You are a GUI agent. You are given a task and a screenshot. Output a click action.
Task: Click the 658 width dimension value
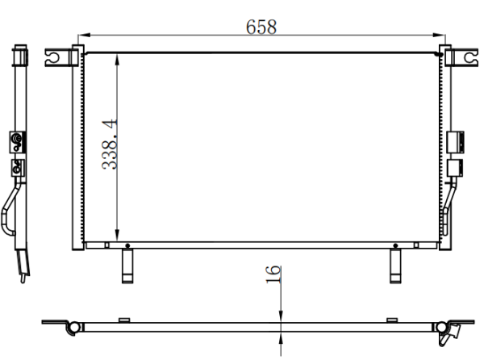click(x=261, y=27)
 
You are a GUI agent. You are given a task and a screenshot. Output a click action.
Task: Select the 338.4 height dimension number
click(x=109, y=144)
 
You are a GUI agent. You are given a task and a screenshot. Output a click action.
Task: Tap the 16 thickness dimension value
click(x=273, y=274)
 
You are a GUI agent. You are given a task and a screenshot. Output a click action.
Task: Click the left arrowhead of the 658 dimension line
click(x=84, y=36)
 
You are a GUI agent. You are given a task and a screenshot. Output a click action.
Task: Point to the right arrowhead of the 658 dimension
click(x=439, y=36)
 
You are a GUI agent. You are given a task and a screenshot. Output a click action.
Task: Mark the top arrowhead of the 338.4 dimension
click(x=117, y=60)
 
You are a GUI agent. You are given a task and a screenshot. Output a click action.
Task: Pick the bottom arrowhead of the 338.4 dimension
click(x=117, y=235)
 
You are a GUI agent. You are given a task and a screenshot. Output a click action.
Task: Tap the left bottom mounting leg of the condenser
click(x=127, y=266)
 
